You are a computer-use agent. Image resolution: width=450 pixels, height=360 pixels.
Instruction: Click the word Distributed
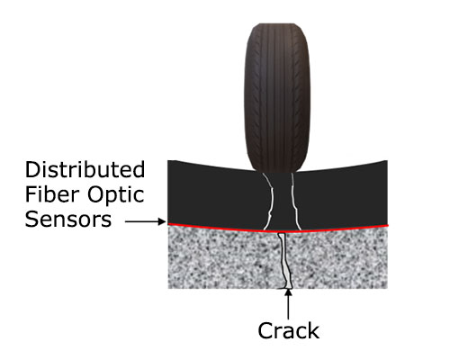pos(85,169)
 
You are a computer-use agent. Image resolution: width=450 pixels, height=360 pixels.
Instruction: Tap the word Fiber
pos(50,194)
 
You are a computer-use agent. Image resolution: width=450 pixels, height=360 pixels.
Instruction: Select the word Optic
pos(116,196)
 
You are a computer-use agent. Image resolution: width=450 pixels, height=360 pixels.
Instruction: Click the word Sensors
pos(68,220)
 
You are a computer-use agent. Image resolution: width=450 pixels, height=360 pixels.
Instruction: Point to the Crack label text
pos(288,330)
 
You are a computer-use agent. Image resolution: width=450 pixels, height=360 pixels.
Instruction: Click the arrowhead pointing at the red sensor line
pos(162,221)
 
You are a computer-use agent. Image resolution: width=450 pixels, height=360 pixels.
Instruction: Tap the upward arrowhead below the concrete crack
pos(288,292)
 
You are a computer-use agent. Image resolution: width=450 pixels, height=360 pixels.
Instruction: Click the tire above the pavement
pos(276,97)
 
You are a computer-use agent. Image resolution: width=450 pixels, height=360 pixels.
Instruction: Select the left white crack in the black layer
pos(269,201)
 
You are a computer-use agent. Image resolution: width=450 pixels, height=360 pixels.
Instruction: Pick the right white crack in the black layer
pos(295,201)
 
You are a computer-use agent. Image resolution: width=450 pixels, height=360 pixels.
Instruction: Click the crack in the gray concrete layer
pos(284,261)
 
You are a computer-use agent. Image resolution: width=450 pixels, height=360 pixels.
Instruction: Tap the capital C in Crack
pos(265,330)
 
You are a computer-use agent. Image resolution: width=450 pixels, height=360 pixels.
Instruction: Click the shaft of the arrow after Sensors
pos(142,221)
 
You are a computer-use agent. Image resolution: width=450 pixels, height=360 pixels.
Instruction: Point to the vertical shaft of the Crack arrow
pos(288,308)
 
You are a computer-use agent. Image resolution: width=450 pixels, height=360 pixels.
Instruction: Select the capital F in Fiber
pos(31,194)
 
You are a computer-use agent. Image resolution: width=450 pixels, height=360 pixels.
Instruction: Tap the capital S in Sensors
pos(31,220)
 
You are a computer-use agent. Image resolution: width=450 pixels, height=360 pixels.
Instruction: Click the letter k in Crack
pos(314,330)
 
